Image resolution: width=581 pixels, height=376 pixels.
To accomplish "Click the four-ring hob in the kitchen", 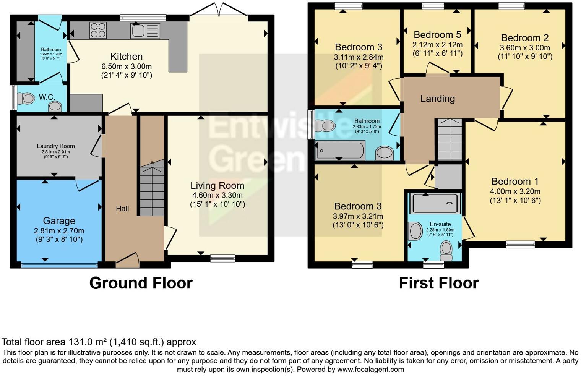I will coord(98,31).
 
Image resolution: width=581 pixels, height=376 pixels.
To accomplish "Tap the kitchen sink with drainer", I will coord(145,31).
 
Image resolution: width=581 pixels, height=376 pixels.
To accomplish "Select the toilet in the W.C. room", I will coord(27,99).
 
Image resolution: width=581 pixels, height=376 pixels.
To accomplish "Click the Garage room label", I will coord(59,221).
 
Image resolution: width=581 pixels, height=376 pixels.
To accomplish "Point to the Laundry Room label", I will coord(56,146).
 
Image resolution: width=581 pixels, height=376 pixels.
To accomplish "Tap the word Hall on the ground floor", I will coord(122,209).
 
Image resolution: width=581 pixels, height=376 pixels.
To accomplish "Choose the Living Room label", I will coord(217,186).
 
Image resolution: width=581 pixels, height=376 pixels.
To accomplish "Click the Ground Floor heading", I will coord(141,283).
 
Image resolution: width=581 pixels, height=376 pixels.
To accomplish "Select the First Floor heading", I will coord(438,283).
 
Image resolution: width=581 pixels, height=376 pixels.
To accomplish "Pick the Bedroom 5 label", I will coord(437,35).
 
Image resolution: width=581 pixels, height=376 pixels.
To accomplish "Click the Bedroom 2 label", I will coord(525,38).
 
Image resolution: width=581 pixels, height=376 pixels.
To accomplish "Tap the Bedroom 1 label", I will coord(515,182).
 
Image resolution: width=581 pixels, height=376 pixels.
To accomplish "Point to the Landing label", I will coord(437,99).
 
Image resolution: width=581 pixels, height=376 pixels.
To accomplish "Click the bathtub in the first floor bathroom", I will coord(339,150).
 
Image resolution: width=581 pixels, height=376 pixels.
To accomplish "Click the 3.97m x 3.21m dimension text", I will coord(358,216).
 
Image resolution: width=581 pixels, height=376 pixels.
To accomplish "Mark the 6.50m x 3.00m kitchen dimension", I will coord(127,66).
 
